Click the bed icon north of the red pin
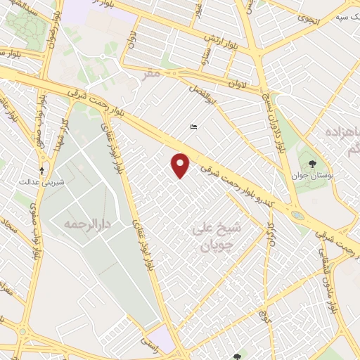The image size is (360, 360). [193, 127]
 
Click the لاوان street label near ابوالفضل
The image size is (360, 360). [237, 84]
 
